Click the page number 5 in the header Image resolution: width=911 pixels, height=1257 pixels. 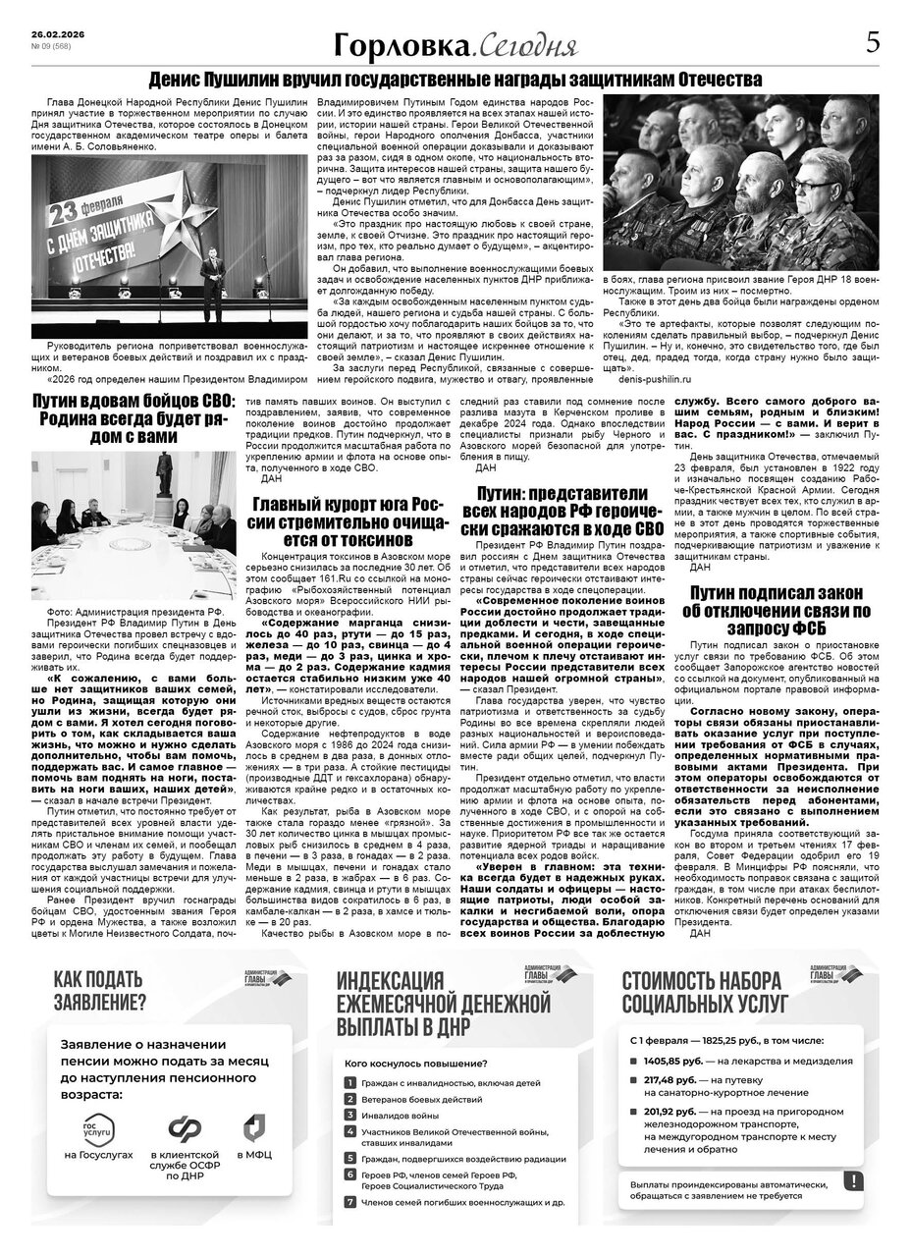[872, 43]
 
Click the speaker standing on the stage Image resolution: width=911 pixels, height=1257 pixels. [208, 291]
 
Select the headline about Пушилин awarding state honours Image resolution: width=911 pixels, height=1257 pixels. [455, 80]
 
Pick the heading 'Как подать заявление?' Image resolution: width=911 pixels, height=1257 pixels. [99, 991]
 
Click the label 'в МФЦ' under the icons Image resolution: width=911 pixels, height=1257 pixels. [254, 1155]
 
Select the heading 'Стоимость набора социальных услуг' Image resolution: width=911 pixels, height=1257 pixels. [702, 991]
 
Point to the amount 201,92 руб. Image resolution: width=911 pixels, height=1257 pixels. [669, 1112]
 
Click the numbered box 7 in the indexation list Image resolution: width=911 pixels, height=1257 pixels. [349, 1201]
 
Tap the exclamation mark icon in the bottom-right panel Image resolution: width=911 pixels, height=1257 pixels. [852, 1181]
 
